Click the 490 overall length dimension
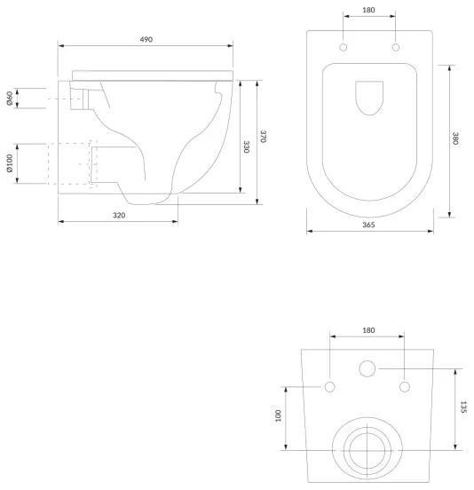click(146, 40)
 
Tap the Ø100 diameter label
click(9, 165)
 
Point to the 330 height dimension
click(248, 146)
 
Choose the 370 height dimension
click(264, 137)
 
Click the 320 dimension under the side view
click(119, 216)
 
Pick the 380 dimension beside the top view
click(455, 138)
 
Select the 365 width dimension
click(369, 225)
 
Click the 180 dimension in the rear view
click(368, 330)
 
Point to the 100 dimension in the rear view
click(278, 415)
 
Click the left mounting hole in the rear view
click(330, 386)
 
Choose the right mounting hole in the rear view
click(405, 386)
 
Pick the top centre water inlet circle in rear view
click(367, 367)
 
